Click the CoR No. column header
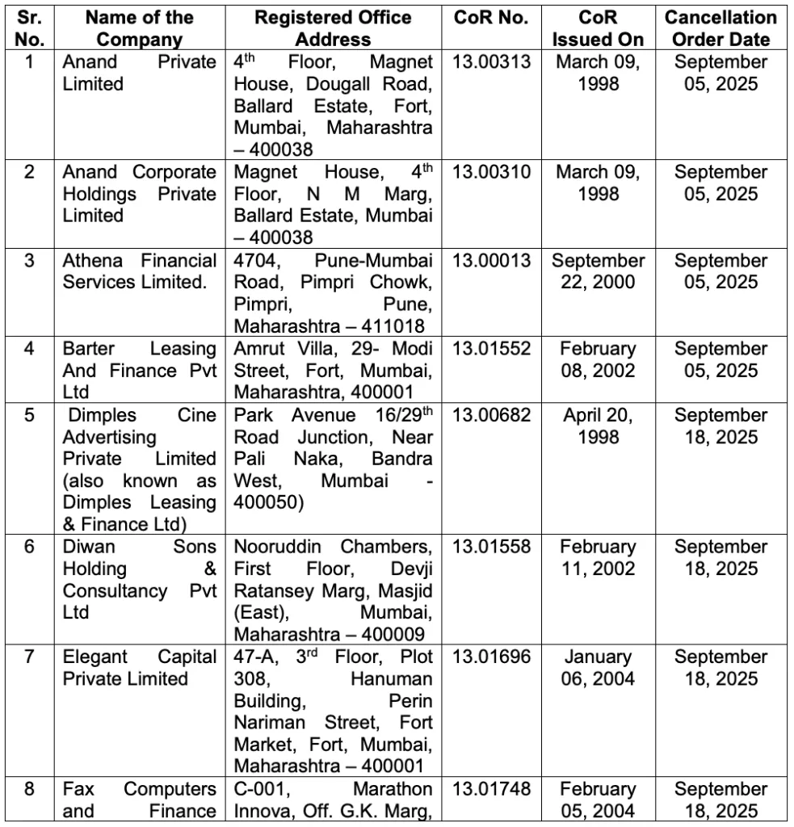tap(491, 18)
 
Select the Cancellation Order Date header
tap(720, 28)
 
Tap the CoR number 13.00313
tap(491, 62)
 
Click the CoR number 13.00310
tap(491, 172)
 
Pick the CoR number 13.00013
tap(491, 261)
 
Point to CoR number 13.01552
tap(491, 349)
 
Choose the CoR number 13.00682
tap(491, 415)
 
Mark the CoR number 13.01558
tap(491, 547)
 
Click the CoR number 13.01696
tap(491, 657)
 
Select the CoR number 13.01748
tap(491, 789)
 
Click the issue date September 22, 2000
tap(598, 271)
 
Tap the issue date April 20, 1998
tap(598, 426)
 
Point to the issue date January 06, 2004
tap(598, 668)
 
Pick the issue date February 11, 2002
tap(598, 557)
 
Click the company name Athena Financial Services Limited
tap(139, 271)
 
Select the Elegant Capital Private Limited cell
tap(139, 668)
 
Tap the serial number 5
tap(30, 415)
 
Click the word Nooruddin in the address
tap(279, 547)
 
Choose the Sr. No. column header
tap(30, 28)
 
